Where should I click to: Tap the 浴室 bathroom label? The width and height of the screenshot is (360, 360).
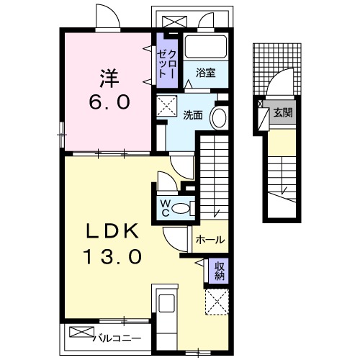(x=206, y=72)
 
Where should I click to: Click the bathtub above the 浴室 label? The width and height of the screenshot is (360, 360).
(x=206, y=47)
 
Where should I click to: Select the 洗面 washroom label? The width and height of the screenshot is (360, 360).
(x=192, y=114)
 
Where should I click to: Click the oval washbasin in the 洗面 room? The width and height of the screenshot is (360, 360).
(x=219, y=119)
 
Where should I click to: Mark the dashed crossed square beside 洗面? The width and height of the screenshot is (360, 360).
(x=169, y=107)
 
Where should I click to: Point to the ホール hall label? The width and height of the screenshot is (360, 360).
(x=210, y=240)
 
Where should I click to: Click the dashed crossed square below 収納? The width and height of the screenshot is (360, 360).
(x=217, y=300)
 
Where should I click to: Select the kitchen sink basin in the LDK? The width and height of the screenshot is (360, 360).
(x=165, y=302)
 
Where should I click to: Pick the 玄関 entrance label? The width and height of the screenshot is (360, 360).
(x=282, y=112)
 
